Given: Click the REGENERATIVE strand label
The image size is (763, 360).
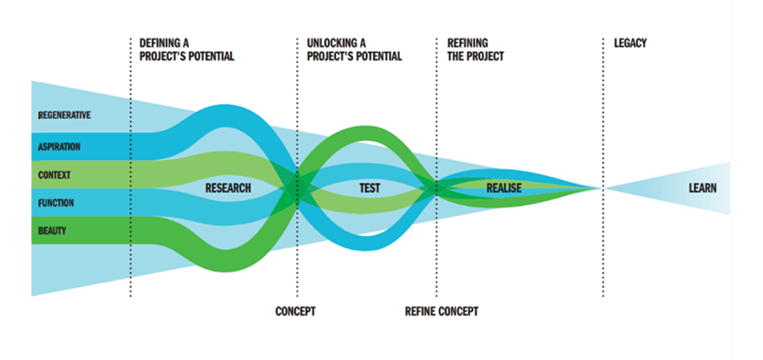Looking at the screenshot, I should (x=64, y=116).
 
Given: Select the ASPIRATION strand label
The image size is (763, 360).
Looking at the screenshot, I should (x=59, y=147).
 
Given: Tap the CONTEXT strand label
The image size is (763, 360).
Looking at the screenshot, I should (x=54, y=175).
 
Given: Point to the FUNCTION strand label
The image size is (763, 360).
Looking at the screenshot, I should (x=56, y=203).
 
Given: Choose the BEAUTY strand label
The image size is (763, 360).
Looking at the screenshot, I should (x=52, y=231).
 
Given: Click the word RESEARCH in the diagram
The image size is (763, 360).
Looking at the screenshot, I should (x=228, y=188).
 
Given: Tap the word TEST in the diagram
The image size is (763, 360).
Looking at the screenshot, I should (x=369, y=188).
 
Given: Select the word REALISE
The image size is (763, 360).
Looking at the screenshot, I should (x=504, y=188).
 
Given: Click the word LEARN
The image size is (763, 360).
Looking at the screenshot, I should (x=702, y=188).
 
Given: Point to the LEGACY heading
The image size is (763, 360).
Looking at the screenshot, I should (x=630, y=44).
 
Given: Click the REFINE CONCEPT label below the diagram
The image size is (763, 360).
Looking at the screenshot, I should (x=442, y=311).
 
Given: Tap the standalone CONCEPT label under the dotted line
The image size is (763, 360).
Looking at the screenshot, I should (x=295, y=311).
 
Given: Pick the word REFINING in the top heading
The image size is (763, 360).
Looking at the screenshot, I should (x=468, y=44).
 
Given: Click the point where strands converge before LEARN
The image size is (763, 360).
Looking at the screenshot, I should (x=601, y=188).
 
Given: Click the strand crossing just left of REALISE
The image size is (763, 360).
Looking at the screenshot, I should (x=437, y=187).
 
